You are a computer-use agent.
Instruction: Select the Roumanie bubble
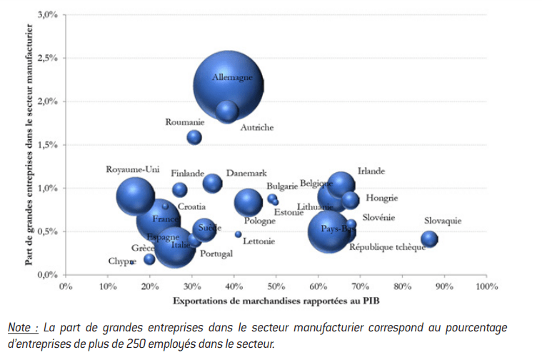click(194, 136)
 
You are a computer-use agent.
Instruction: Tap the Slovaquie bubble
click(429, 239)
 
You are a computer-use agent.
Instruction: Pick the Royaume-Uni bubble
click(135, 196)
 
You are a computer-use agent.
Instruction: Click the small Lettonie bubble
click(239, 234)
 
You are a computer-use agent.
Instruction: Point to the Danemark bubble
click(213, 183)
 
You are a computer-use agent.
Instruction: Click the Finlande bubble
click(180, 189)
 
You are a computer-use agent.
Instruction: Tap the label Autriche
click(256, 128)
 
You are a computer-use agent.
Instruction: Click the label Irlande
click(371, 171)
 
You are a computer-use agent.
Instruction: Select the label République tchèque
click(387, 247)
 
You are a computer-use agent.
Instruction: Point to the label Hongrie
click(381, 198)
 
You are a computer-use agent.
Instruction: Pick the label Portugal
click(216, 254)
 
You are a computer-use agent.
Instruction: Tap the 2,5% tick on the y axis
click(47, 58)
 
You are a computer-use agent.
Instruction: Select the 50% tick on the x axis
click(276, 286)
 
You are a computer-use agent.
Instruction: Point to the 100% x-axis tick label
click(486, 286)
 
